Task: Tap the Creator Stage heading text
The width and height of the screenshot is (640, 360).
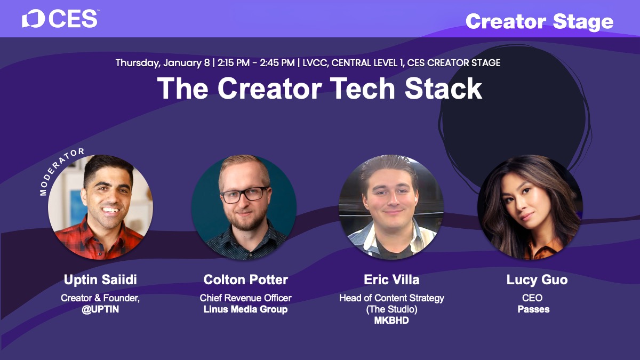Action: coord(539,22)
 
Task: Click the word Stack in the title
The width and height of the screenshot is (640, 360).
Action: coord(443,89)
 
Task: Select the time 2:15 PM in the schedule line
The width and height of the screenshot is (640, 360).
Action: coord(234,62)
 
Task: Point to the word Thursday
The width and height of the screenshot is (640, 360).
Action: coord(138,63)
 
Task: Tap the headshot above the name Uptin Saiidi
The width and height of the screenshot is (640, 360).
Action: coord(101,207)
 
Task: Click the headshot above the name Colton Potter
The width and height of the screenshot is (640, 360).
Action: coord(244,207)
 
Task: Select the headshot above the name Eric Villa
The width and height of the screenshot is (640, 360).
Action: coord(391,207)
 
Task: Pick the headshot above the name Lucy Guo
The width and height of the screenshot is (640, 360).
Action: coord(530,207)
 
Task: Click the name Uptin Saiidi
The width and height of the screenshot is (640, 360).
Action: coord(100,279)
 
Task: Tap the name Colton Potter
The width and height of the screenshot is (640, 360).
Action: coord(246,279)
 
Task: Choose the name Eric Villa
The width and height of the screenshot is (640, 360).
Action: coord(391,279)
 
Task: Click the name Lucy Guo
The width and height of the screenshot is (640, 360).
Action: coord(537,279)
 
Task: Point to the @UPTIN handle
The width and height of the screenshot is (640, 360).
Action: coord(100,309)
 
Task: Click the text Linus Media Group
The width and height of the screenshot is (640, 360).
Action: coord(245,309)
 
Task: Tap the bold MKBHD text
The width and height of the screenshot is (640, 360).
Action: coord(391,321)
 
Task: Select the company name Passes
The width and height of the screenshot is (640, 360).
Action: coord(533,309)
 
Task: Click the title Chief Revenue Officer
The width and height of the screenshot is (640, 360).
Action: coord(245,298)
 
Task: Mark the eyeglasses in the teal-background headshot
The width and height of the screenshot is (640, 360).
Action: coord(245,195)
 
